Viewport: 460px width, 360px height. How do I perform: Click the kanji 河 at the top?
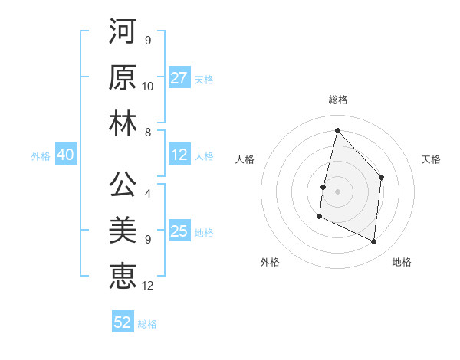[x=123, y=32]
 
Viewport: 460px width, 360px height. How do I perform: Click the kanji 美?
[x=123, y=231]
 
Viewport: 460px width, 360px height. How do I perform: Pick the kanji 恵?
[x=123, y=276]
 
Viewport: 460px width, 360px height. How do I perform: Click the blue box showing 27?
[x=179, y=78]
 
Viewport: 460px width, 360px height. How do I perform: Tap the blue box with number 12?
[x=179, y=155]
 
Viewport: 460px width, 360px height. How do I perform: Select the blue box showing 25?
[x=179, y=232]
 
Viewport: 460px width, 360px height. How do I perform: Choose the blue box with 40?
[x=65, y=155]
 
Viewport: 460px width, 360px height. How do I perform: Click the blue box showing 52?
[x=123, y=322]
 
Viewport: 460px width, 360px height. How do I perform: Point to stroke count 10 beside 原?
[x=148, y=86]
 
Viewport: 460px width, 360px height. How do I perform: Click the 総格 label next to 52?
[x=147, y=324]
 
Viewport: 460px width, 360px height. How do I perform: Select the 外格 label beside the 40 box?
[x=41, y=156]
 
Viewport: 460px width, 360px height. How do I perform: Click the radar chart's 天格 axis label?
[x=431, y=159]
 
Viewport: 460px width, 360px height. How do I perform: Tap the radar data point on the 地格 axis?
[x=374, y=242]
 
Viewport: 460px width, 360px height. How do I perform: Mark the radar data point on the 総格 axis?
[x=337, y=131]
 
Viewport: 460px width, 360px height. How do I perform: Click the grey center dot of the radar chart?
[x=337, y=191]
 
